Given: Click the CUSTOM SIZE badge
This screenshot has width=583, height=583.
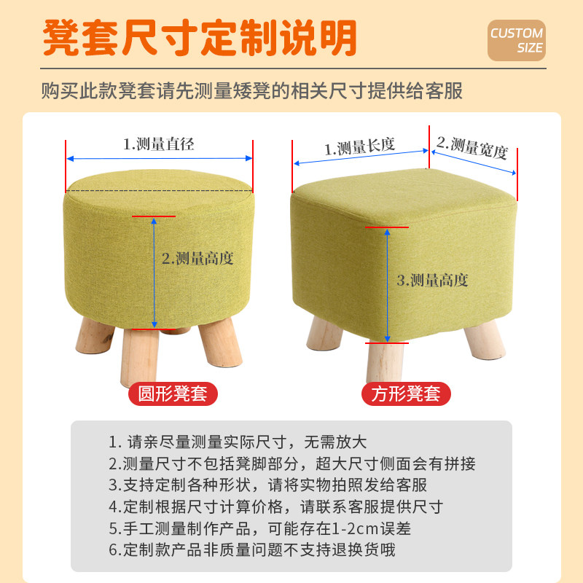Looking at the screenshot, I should [x=516, y=40].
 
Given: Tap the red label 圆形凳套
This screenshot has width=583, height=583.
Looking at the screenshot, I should [x=173, y=394].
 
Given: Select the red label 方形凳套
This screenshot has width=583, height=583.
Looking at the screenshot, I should [x=406, y=394].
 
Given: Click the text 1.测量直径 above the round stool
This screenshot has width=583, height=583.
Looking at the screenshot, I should [x=158, y=144].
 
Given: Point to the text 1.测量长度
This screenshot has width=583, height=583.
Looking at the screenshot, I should [x=359, y=147].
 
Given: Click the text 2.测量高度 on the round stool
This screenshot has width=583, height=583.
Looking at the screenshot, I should [x=197, y=258].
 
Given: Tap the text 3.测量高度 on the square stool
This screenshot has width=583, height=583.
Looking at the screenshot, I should [x=431, y=280].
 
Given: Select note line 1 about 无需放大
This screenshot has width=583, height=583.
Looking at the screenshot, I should [x=238, y=442].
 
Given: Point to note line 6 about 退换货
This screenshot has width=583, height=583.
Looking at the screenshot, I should [x=252, y=550].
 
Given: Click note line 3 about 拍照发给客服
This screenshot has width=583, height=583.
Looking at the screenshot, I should [x=267, y=485].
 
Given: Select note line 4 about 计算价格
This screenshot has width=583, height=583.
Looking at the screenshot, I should [x=275, y=507].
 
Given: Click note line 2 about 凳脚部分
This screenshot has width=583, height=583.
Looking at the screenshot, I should [x=291, y=463].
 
